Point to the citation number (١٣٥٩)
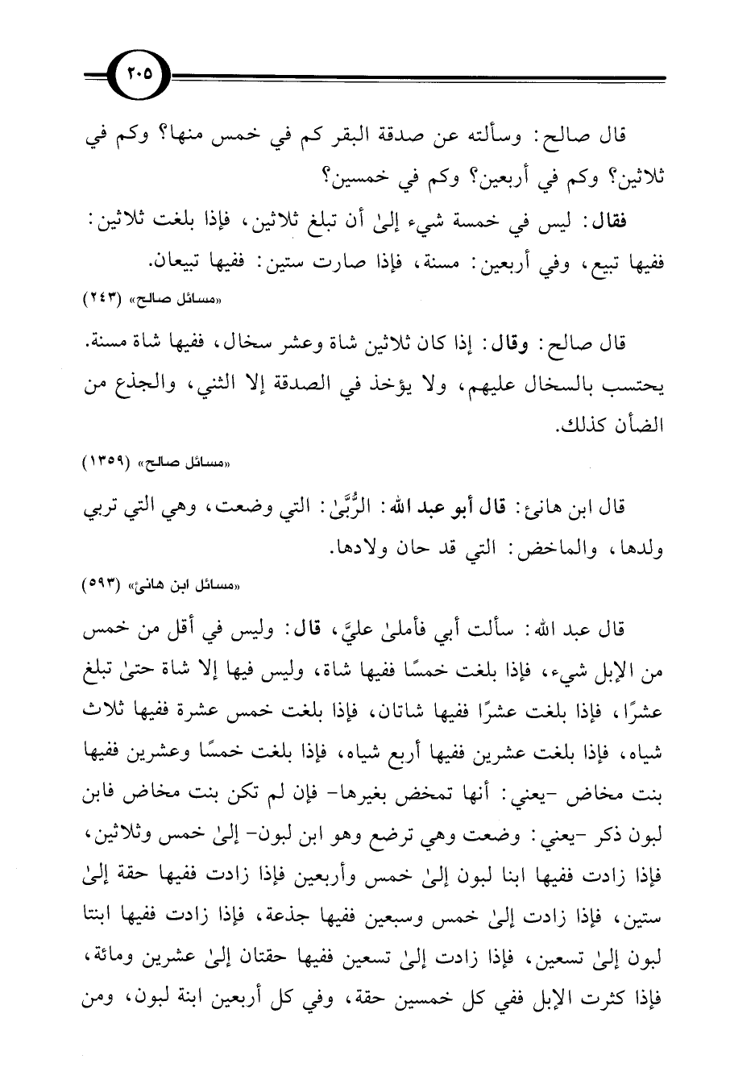(x=110, y=463)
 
